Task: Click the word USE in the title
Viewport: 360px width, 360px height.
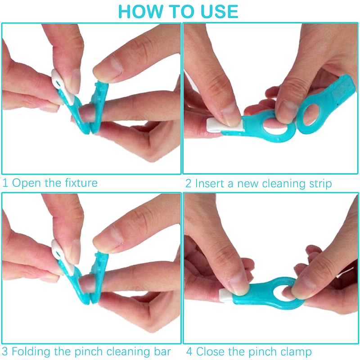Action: pyautogui.click(x=220, y=12)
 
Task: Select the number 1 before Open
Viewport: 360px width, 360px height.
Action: pyautogui.click(x=5, y=183)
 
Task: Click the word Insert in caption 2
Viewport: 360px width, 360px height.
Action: pyautogui.click(x=209, y=183)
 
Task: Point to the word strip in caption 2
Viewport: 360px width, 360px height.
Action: pyautogui.click(x=320, y=184)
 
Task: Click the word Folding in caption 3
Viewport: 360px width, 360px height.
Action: pyautogui.click(x=31, y=352)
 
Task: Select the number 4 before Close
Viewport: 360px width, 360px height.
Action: pyautogui.click(x=189, y=351)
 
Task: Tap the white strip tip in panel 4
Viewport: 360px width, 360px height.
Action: pyautogui.click(x=226, y=295)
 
